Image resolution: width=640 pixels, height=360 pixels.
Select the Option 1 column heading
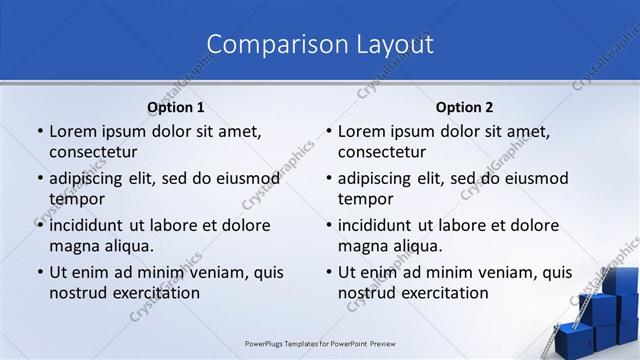pos(175,107)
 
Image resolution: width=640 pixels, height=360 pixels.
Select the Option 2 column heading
pos(464,107)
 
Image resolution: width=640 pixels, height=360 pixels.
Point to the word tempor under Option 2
pos(365,199)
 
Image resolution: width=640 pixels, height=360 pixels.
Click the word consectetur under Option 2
pos(382,152)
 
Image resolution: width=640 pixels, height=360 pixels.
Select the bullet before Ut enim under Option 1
pos(38,272)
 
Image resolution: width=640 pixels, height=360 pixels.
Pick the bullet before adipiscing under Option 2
pos(327,178)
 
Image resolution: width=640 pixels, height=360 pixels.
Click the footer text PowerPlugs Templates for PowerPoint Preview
pos(320,342)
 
